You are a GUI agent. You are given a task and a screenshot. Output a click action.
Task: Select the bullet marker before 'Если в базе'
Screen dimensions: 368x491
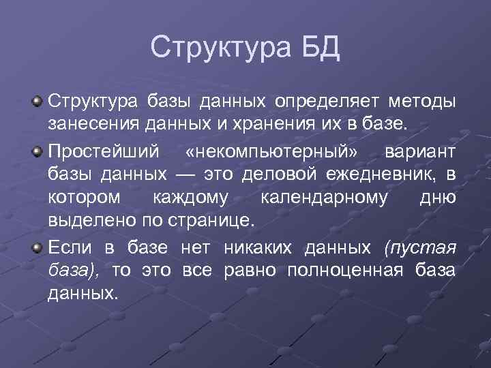click(x=38, y=245)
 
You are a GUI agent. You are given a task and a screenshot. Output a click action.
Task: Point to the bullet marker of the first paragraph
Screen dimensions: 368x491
click(x=38, y=102)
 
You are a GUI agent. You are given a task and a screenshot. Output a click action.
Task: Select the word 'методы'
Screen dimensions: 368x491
click(x=422, y=102)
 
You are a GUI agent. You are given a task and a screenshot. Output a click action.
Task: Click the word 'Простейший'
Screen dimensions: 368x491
click(x=93, y=150)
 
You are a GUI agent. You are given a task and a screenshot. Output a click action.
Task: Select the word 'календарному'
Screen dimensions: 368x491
click(x=324, y=198)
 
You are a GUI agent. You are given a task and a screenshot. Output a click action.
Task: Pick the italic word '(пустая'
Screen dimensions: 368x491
click(x=419, y=246)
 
